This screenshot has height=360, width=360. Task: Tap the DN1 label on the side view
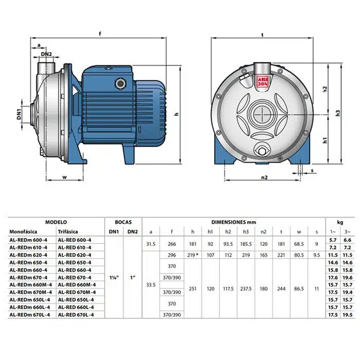point(19,113)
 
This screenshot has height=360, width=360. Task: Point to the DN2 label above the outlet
point(46,54)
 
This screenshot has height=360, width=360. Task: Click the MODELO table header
point(56,222)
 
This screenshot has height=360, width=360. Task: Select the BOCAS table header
point(123,222)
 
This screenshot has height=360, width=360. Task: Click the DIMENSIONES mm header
point(233,222)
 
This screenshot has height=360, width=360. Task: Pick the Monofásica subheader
point(24,231)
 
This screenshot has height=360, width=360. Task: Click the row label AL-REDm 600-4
point(28,240)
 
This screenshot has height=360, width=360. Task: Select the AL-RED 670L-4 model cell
point(75,315)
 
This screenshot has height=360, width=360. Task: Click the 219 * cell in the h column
point(192,255)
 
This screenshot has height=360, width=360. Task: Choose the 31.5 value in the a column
point(151,244)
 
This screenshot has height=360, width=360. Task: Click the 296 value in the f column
point(171,255)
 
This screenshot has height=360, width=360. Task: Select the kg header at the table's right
point(339,222)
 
